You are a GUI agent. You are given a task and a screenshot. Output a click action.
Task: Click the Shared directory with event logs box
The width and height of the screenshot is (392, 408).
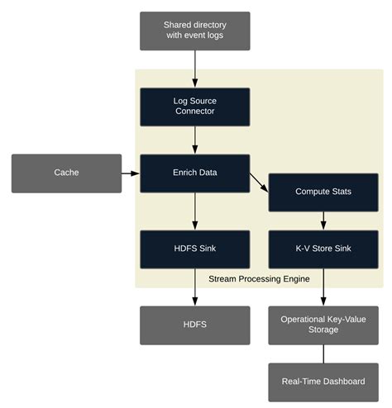194,31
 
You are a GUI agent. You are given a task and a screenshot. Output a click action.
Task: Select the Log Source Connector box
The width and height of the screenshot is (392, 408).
194,107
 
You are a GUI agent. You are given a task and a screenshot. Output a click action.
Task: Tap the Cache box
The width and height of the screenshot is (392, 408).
66,173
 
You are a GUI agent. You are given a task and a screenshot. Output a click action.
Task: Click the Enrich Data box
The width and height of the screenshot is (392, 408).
194,173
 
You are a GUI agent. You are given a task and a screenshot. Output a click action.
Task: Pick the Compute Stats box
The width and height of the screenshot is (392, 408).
323,192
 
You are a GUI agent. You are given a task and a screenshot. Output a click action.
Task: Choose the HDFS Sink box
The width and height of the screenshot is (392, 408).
194,249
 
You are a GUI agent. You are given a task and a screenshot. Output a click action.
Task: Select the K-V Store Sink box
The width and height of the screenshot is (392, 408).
323,249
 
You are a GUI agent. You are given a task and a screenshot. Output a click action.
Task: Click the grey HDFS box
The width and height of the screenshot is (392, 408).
194,325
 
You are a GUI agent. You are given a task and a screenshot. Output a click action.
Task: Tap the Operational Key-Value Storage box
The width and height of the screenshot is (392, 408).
323,325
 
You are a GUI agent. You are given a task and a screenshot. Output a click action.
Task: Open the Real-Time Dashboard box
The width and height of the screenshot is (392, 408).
323,382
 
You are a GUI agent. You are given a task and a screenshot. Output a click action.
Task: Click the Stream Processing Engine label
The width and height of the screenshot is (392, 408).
259,279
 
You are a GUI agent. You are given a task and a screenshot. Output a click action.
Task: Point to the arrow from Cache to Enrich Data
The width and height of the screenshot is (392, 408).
131,173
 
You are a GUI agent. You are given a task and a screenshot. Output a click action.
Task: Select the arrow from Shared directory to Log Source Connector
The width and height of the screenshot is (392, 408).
194,69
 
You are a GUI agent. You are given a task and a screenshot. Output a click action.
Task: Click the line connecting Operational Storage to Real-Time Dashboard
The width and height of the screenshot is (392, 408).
323,353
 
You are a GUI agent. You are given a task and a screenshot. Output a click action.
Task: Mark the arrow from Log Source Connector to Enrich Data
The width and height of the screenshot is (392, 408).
194,140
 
